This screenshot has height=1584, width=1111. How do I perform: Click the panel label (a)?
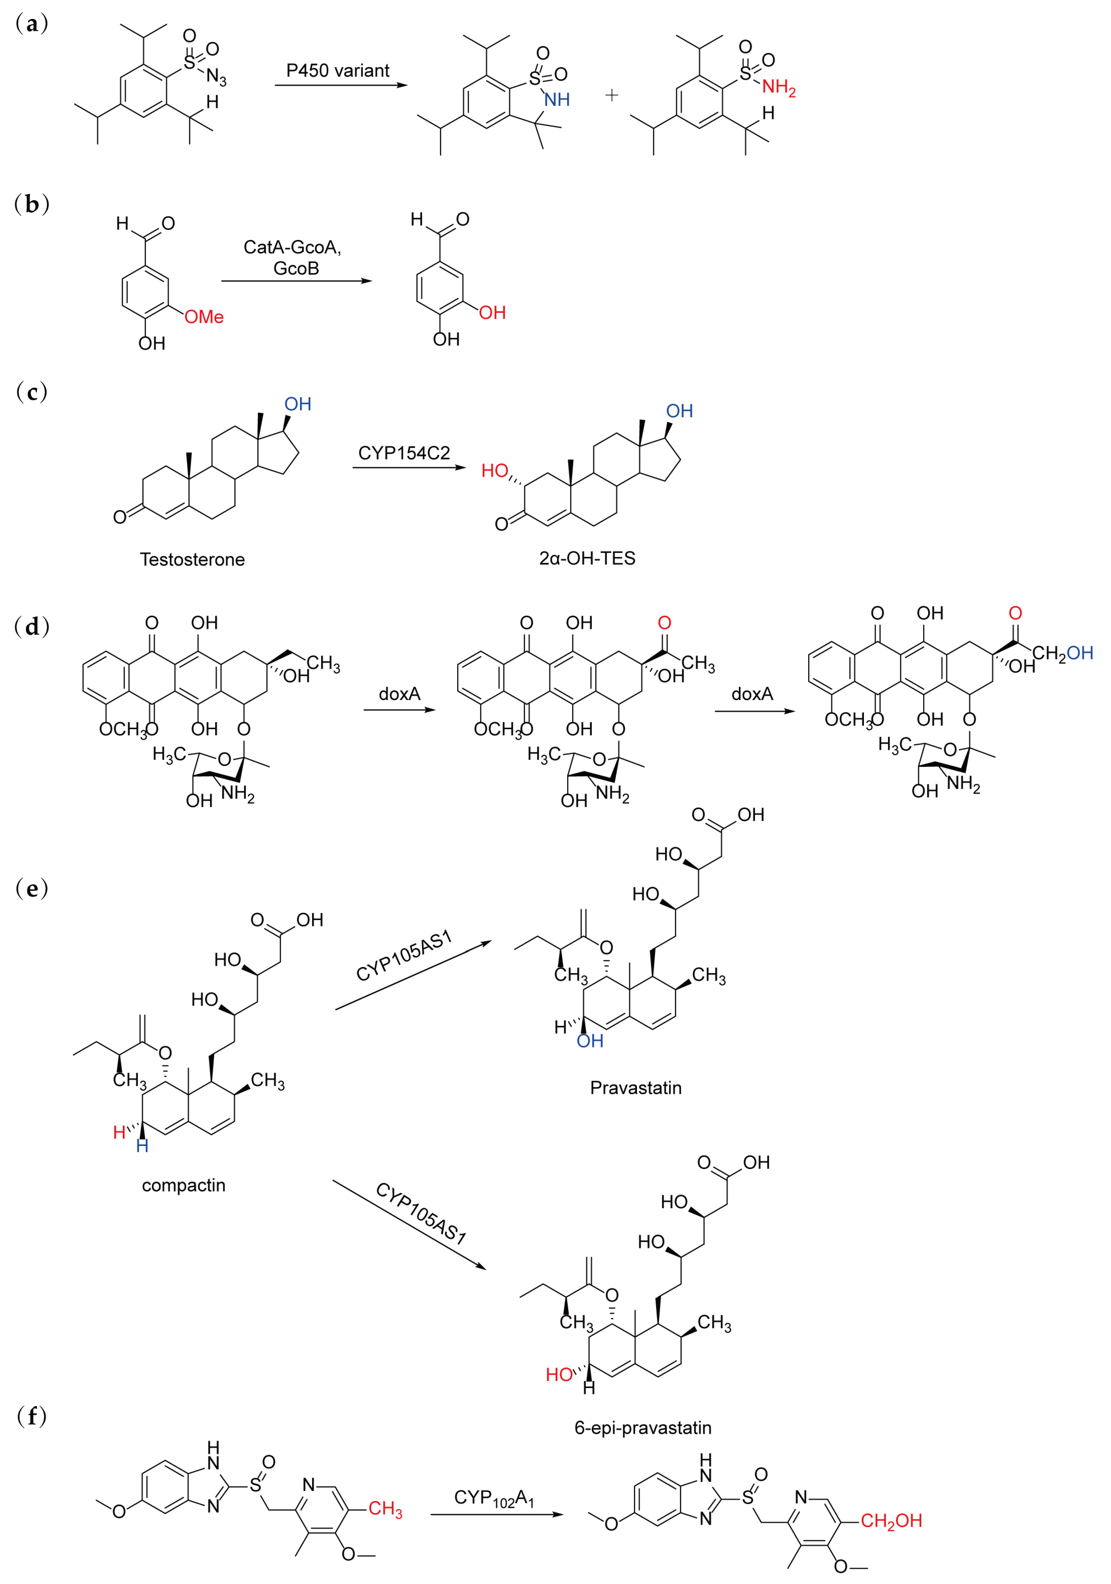pos(32,24)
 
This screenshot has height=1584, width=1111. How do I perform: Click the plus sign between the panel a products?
pos(611,95)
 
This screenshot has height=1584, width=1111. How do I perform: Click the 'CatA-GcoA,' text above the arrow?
pos(292,247)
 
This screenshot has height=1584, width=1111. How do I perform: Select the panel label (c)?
pos(32,392)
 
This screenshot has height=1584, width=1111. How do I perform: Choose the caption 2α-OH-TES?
pos(587,558)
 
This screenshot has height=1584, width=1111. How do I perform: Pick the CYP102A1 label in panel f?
pos(494,1498)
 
